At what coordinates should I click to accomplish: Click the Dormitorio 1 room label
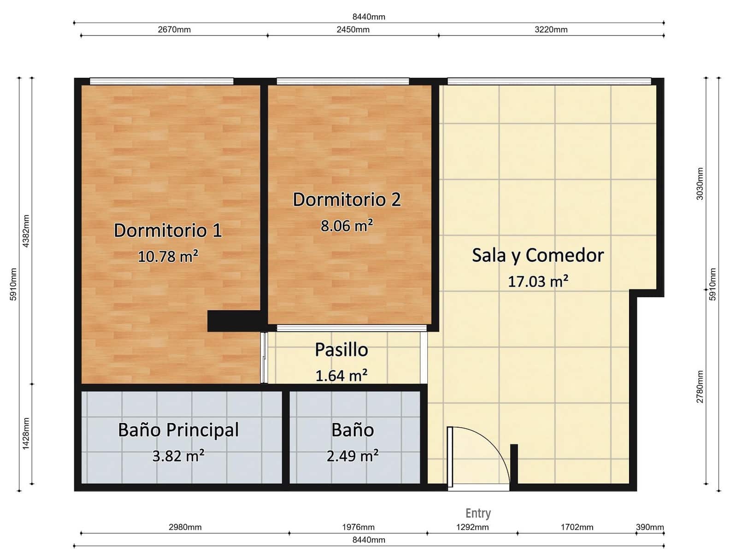pos(168,230)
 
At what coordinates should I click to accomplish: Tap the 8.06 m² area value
pos(347,225)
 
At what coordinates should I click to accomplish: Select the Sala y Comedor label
pos(538,256)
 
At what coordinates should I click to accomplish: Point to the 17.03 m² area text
pos(538,281)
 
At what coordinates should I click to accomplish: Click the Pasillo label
pos(342,350)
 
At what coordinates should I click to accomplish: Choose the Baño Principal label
pos(178,430)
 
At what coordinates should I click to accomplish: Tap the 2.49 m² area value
pos(353,456)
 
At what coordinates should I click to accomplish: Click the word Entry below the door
pos(478,513)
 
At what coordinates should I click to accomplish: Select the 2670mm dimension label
pos(174,29)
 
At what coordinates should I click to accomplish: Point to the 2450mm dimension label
pos(353,29)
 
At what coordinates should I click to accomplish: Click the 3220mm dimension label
pos(551,29)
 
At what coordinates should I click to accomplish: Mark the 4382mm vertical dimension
pos(26,231)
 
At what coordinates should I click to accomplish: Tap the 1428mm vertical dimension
pos(26,433)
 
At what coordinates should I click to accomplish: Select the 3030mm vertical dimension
pos(700,184)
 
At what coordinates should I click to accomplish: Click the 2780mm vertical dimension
pos(700,387)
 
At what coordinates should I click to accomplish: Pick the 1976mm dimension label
pos(358,527)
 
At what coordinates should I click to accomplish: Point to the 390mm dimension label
pos(650,527)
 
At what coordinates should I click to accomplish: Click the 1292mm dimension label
pos(472,527)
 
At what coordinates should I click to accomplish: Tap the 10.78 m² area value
pos(168,256)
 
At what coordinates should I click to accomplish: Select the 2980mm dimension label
pos(185,527)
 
